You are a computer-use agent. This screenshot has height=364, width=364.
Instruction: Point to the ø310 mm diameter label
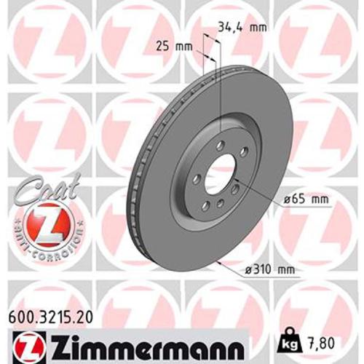point(269,270)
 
